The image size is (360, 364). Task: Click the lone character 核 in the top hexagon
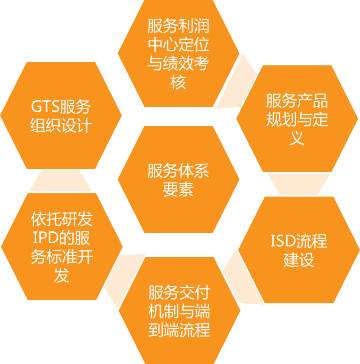coord(178,83)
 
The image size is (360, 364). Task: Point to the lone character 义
coord(297,138)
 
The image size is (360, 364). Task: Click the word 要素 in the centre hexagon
coord(178,189)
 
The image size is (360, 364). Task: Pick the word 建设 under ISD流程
coord(299,260)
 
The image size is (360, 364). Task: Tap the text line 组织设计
coord(61,127)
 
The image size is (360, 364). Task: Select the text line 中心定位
coord(178,46)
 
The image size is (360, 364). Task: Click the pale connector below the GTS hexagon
coord(61,181)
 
